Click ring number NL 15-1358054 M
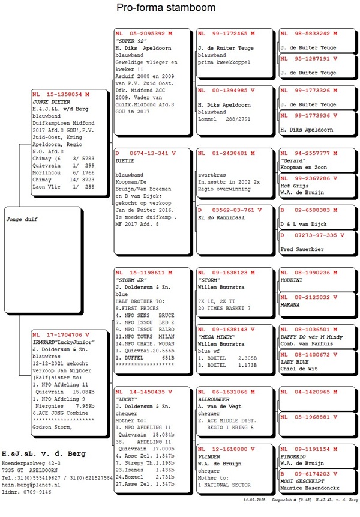[x=62, y=95]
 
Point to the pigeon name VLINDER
[x=209, y=456]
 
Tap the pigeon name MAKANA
[x=291, y=304]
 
